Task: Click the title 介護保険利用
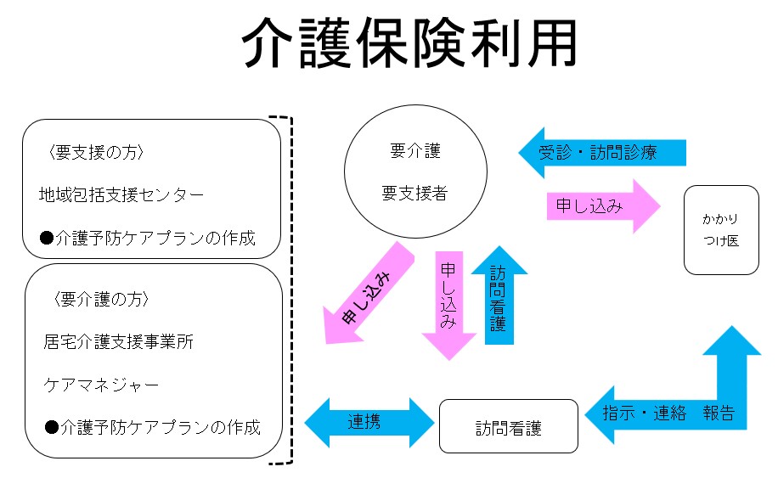pos(409,42)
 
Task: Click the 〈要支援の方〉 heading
pos(96,152)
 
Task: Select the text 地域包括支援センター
pos(121,195)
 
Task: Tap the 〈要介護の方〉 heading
pos(101,299)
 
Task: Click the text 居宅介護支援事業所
pos(118,341)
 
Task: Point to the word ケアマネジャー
pos(101,385)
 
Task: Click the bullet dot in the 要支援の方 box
pos(47,238)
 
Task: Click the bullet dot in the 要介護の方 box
pos(52,427)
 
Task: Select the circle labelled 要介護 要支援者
pos(416,172)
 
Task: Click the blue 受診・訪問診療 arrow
pos(602,153)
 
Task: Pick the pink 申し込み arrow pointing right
pos(603,206)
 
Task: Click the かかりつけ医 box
pos(721,230)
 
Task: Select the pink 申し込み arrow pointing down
pos(449,305)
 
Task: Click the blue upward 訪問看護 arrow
pos(499,295)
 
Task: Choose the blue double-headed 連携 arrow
pos(369,423)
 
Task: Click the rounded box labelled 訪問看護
pos(509,426)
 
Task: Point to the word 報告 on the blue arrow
pos(719,413)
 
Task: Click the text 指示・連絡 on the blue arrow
pos(645,413)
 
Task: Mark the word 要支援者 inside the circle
pos(414,193)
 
